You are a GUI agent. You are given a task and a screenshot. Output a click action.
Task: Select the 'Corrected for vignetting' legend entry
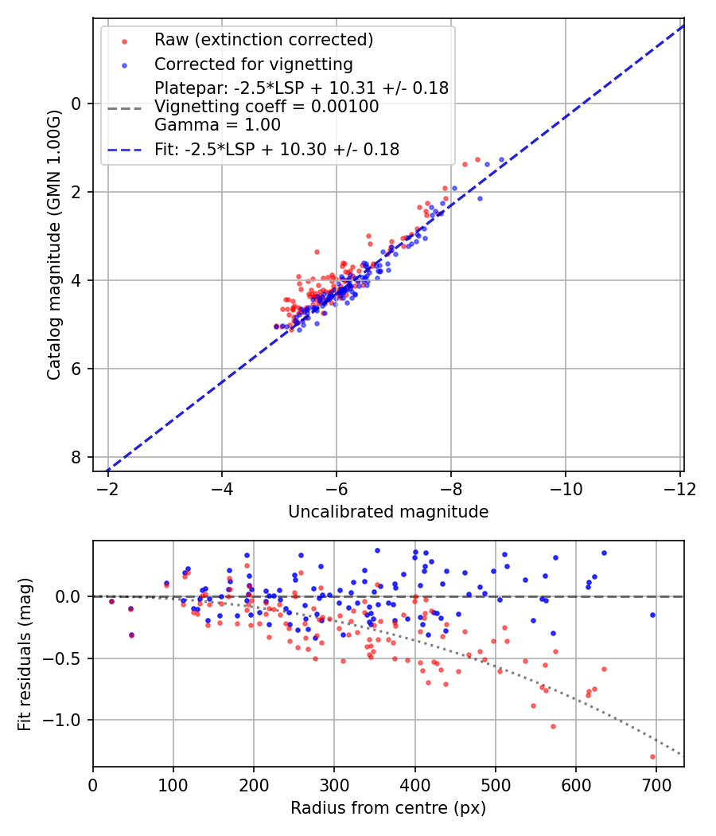(253, 64)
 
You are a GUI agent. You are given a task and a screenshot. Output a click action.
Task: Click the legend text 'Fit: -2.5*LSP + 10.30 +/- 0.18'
(277, 149)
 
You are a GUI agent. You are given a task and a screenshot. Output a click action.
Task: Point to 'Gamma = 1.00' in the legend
(217, 124)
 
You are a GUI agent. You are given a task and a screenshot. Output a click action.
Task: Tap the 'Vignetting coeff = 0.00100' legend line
(267, 107)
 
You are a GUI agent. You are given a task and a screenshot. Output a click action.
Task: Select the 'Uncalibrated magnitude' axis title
(388, 512)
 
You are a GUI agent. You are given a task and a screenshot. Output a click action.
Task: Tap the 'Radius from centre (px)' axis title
(388, 808)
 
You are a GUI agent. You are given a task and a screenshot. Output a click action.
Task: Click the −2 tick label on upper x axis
(108, 486)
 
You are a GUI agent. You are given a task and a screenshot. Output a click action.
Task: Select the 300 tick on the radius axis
(334, 783)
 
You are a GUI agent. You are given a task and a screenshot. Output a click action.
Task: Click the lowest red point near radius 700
(652, 756)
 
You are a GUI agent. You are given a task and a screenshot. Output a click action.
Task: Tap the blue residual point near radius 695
(652, 615)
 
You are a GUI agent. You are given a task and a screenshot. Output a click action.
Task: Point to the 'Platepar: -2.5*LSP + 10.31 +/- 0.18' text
(302, 88)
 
